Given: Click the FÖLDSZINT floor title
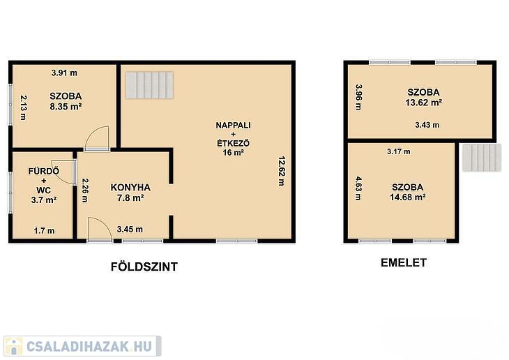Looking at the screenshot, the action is [144, 267].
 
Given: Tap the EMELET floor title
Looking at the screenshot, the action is [404, 262].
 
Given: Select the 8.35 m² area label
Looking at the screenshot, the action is [66, 106].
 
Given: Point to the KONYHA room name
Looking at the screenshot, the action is [130, 188].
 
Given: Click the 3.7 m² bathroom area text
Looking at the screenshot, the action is [44, 200].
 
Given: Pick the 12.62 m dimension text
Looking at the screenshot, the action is [282, 171].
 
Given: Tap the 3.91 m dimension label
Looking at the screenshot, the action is [64, 73].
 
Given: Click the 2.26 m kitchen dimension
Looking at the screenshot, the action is [85, 190].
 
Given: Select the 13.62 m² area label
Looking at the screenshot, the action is [424, 103].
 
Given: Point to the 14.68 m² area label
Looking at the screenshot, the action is [408, 197].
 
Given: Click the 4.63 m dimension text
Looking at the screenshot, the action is [358, 188].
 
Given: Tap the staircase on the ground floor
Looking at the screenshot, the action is [150, 85].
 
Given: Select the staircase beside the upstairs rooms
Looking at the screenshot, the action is [482, 158].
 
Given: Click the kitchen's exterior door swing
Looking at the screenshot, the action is [100, 230].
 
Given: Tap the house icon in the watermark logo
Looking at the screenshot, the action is [13, 346].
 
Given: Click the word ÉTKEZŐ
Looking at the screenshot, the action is [233, 143].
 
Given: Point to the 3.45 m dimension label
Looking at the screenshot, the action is [130, 230].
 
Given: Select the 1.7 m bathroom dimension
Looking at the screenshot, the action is [44, 231].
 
